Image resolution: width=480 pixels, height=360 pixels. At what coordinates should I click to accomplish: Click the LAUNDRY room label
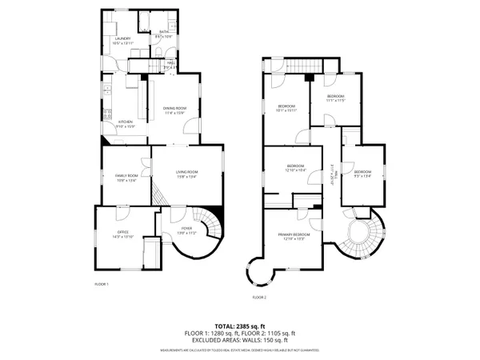[122, 38]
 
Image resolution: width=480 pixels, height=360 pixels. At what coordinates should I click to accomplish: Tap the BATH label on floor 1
[164, 32]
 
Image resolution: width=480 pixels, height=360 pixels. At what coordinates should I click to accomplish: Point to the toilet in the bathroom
[160, 51]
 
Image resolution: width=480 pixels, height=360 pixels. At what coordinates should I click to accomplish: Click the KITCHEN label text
[114, 122]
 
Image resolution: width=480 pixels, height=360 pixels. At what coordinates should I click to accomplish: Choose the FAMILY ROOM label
[126, 175]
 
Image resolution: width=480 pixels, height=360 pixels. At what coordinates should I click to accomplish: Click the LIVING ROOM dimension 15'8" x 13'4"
[186, 178]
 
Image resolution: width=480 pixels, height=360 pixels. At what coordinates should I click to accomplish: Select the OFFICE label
[122, 232]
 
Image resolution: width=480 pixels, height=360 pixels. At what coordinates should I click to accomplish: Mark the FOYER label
[184, 228]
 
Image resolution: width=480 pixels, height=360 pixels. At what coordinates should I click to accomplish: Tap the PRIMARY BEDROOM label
[294, 234]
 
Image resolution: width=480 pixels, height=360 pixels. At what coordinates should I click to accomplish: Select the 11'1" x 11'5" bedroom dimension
[334, 101]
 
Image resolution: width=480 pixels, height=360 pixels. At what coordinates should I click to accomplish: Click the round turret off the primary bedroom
[261, 272]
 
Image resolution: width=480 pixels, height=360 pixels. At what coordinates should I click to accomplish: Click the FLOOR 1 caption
[102, 284]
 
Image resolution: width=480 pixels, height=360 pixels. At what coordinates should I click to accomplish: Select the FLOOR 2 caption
[259, 297]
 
